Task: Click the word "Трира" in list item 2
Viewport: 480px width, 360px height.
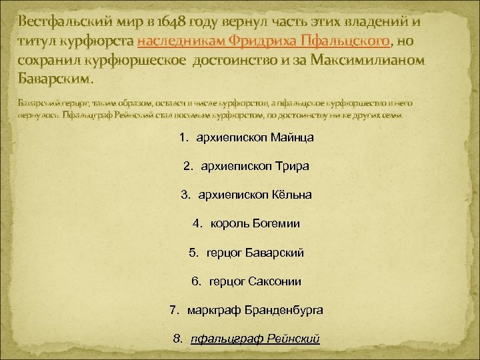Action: point(293,166)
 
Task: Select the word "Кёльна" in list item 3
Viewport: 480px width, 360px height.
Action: point(291,195)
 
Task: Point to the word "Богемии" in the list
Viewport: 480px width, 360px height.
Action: point(277,223)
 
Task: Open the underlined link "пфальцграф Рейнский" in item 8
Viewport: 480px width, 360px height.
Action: point(255,339)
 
